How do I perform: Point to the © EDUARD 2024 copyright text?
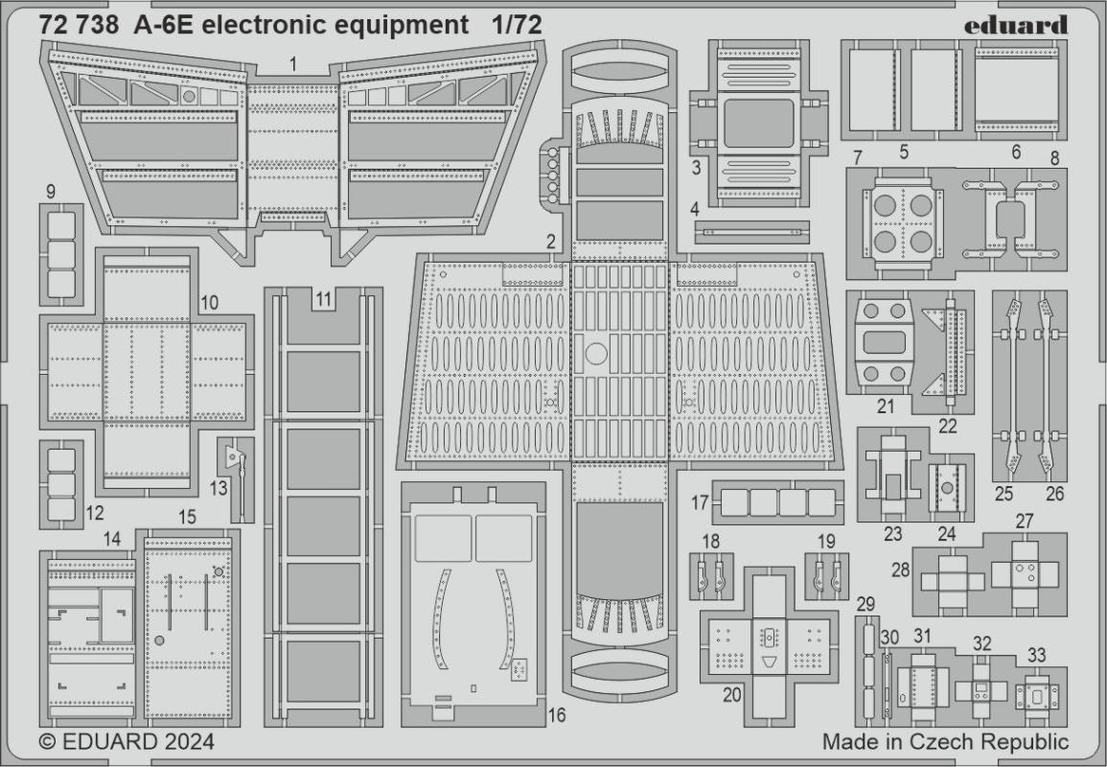pyautogui.click(x=127, y=742)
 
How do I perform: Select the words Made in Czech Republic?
pyautogui.click(x=945, y=742)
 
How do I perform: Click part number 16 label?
pyautogui.click(x=557, y=714)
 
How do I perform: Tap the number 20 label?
pyautogui.click(x=731, y=697)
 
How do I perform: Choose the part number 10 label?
pyautogui.click(x=210, y=303)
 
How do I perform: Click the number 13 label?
pyautogui.click(x=219, y=487)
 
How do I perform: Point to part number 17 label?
pyautogui.click(x=700, y=502)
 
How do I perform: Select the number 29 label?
pyautogui.click(x=865, y=604)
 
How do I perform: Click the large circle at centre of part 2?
pyautogui.click(x=595, y=355)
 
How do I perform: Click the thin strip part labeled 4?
pyautogui.click(x=752, y=231)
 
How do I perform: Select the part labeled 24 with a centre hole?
pyautogui.click(x=948, y=487)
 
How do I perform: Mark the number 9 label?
pyautogui.click(x=50, y=192)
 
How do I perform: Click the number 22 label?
pyautogui.click(x=948, y=426)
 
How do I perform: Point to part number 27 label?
pyautogui.click(x=1025, y=521)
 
